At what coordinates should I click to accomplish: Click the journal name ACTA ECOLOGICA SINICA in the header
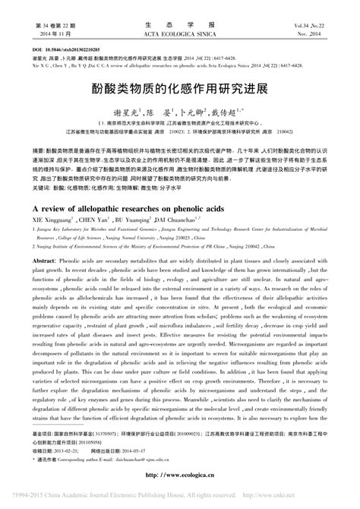tap(179, 35)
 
